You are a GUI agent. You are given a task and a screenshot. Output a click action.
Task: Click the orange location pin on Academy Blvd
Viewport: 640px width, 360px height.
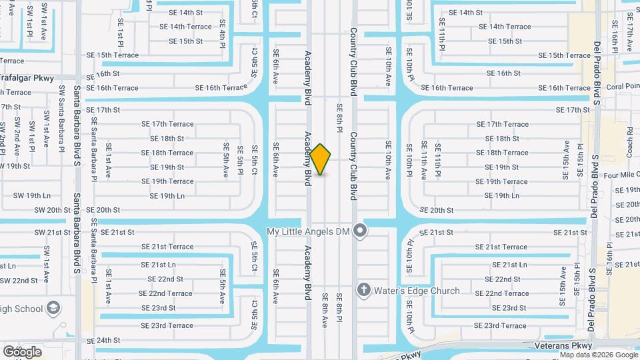coord(321,159)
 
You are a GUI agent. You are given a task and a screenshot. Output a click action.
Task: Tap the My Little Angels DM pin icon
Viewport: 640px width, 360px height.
coord(361,231)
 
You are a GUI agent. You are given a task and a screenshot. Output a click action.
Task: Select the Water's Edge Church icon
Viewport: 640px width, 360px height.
coord(363,290)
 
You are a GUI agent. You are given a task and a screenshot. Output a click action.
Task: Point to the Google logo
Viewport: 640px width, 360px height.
coord(22,351)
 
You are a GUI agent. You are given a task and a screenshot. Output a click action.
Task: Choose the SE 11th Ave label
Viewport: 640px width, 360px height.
coord(423,161)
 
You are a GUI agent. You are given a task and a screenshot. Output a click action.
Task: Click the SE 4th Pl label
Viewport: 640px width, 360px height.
coord(223,32)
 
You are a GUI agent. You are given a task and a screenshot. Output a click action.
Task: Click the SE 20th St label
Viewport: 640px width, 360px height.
coord(437,210)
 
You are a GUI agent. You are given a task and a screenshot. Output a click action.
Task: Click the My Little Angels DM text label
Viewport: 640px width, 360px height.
coord(308,231)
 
